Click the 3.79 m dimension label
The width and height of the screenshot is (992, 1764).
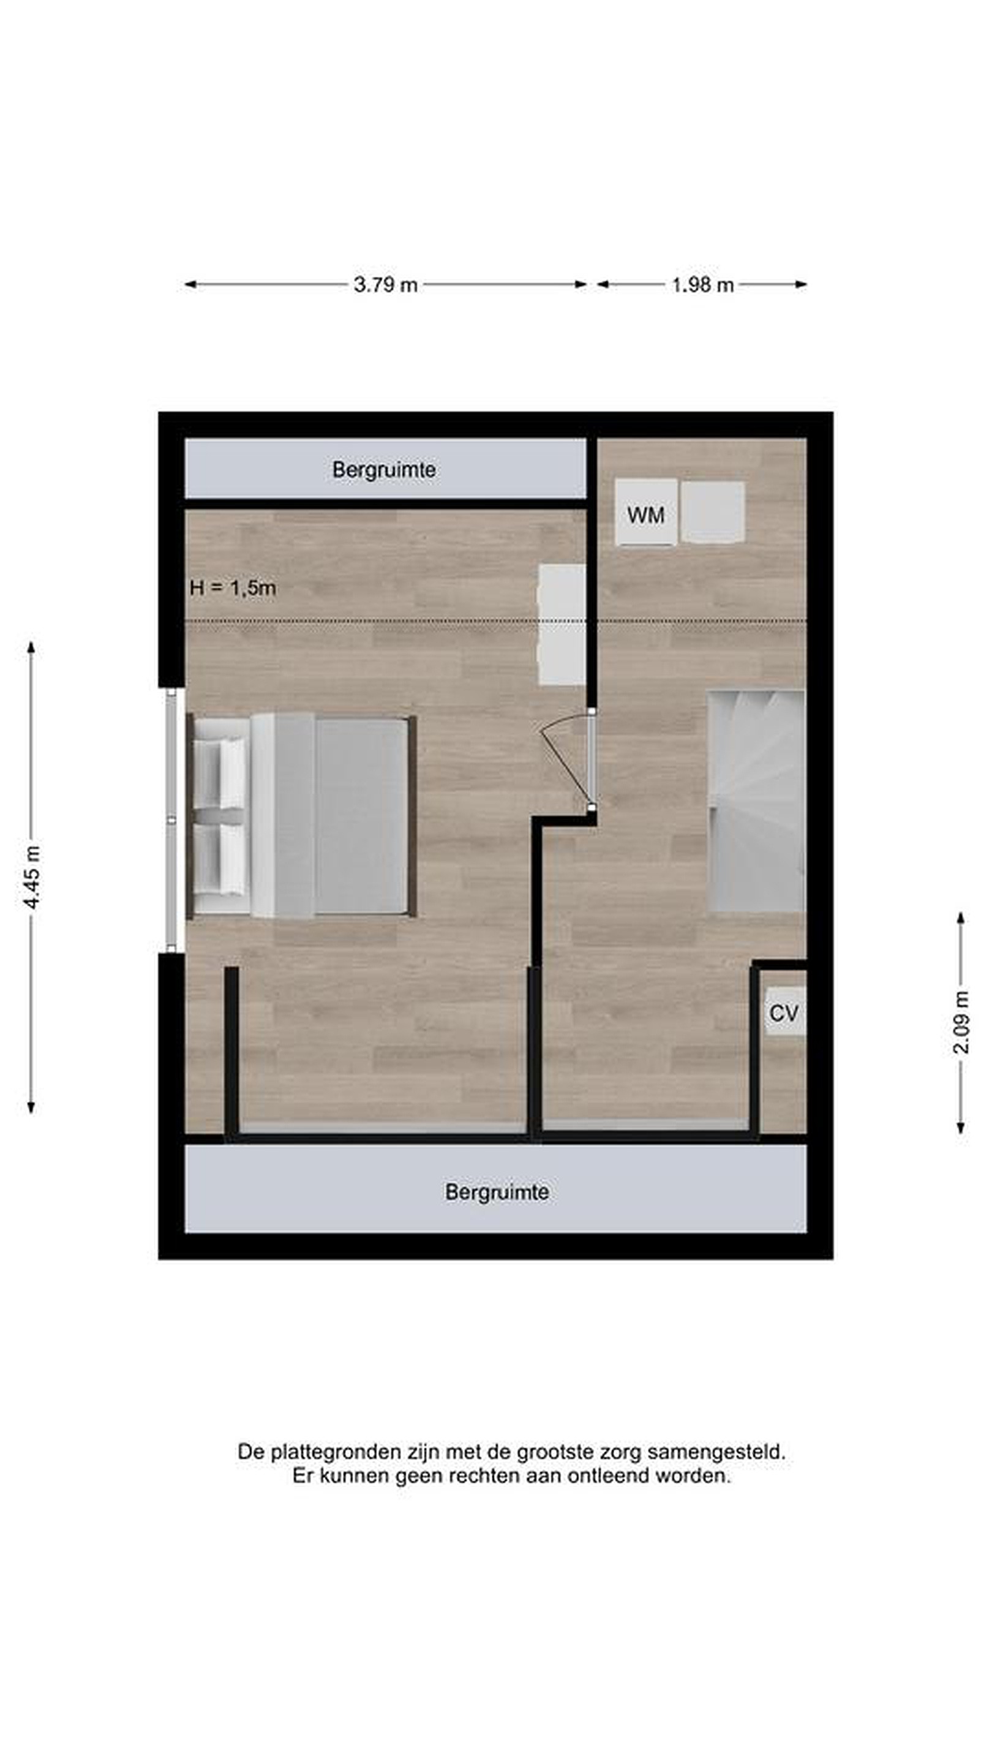385,284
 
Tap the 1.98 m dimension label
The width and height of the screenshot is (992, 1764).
702,284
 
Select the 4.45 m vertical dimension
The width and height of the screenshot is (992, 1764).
31,877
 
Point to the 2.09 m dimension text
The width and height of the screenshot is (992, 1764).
961,1022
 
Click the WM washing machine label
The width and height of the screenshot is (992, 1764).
645,515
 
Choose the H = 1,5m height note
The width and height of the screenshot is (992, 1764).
233,587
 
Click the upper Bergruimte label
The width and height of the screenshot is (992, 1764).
384,470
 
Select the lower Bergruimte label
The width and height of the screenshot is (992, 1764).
497,1192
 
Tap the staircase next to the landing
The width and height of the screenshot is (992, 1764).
756,801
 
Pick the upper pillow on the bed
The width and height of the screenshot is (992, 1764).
220,774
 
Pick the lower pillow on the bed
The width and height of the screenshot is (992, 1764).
220,859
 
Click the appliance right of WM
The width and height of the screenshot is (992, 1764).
713,512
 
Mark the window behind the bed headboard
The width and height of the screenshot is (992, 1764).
172,820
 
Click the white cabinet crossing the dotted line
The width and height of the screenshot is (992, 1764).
562,625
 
